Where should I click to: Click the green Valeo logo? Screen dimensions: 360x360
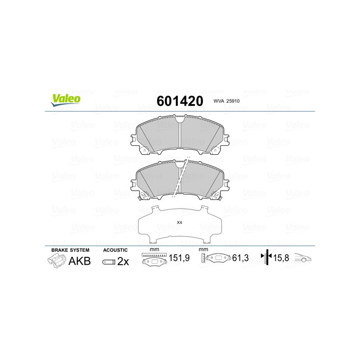pyautogui.click(x=66, y=100)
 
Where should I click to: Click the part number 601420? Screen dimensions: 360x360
pyautogui.click(x=180, y=101)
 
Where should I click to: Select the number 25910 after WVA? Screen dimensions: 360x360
pyautogui.click(x=233, y=101)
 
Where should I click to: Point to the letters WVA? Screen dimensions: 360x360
pyautogui.click(x=219, y=101)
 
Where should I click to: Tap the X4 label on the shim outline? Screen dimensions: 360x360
pyautogui.click(x=179, y=222)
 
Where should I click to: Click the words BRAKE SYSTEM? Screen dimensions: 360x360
pyautogui.click(x=70, y=250)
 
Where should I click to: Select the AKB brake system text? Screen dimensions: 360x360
pyautogui.click(x=80, y=261)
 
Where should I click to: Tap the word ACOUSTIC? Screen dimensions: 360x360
pyautogui.click(x=115, y=250)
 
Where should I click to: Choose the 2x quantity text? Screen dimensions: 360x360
pyautogui.click(x=123, y=261)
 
